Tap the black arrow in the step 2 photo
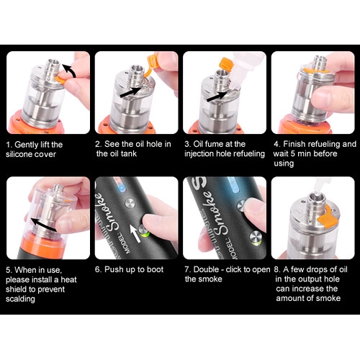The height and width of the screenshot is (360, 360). click(130, 92)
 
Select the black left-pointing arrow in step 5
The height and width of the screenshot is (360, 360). click(45, 225)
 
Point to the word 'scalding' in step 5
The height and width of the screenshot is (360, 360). click(20, 299)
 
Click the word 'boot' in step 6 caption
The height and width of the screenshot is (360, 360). click(155, 269)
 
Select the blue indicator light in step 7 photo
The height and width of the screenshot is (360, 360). click(233, 185)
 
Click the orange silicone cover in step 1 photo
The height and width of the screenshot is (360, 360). click(60, 80)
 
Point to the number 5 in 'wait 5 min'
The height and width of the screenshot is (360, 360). click(292, 153)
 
